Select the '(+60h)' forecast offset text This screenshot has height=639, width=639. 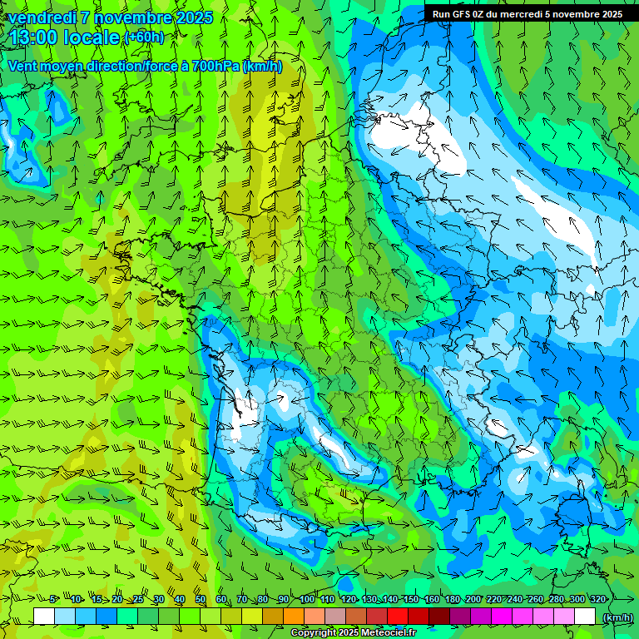[144, 38]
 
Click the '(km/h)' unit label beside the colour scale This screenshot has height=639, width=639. [617, 617]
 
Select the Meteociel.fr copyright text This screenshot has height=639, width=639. [353, 633]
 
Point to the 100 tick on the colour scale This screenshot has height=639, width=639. [307, 599]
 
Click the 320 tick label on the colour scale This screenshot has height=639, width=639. [598, 599]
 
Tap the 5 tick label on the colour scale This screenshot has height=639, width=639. [52, 599]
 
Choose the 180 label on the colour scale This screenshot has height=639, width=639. [452, 599]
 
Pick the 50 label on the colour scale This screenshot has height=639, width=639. [201, 599]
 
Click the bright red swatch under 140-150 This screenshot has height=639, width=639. [398, 617]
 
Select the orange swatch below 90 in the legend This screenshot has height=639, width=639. [294, 617]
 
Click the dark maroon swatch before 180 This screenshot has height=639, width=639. [439, 617]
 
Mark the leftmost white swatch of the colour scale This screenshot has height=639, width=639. [44, 617]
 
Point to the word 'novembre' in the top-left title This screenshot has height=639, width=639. [131, 17]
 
